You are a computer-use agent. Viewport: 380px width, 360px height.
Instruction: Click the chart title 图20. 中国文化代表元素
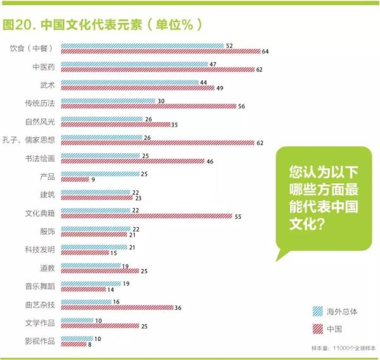pos(101,25)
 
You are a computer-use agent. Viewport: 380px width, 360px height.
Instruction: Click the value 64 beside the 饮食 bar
pos(265,51)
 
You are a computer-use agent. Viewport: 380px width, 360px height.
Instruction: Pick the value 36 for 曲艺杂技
pos(178,307)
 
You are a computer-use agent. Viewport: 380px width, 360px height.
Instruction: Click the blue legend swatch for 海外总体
pos(318,311)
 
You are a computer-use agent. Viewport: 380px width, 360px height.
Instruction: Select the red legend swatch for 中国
pos(318,328)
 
